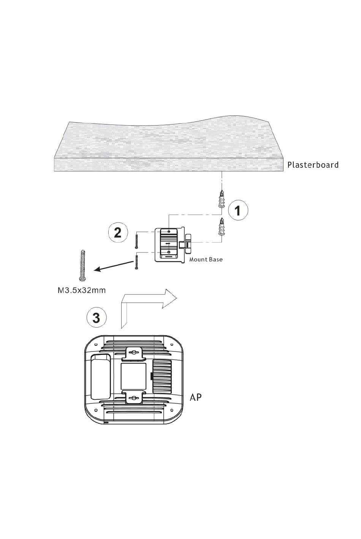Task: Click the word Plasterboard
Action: [x=312, y=165]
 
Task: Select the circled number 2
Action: [x=118, y=232]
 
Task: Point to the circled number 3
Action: [x=96, y=317]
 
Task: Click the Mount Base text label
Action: [x=206, y=260]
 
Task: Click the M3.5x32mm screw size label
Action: [x=81, y=291]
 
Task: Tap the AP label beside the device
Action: [x=196, y=397]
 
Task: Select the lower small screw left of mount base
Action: [x=136, y=262]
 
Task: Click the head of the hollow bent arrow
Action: [x=169, y=298]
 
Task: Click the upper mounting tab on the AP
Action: [x=133, y=353]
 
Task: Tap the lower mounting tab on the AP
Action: [x=133, y=397]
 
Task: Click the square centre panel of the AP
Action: [x=133, y=376]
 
